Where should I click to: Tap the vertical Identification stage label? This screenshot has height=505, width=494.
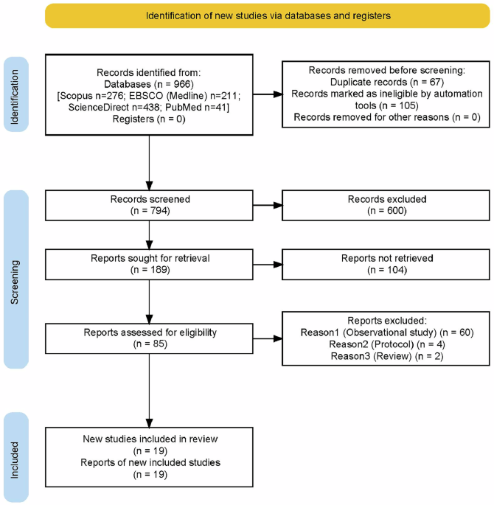[15, 95]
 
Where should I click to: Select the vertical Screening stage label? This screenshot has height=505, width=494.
[15, 280]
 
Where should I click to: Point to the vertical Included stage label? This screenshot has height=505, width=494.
[15, 458]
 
